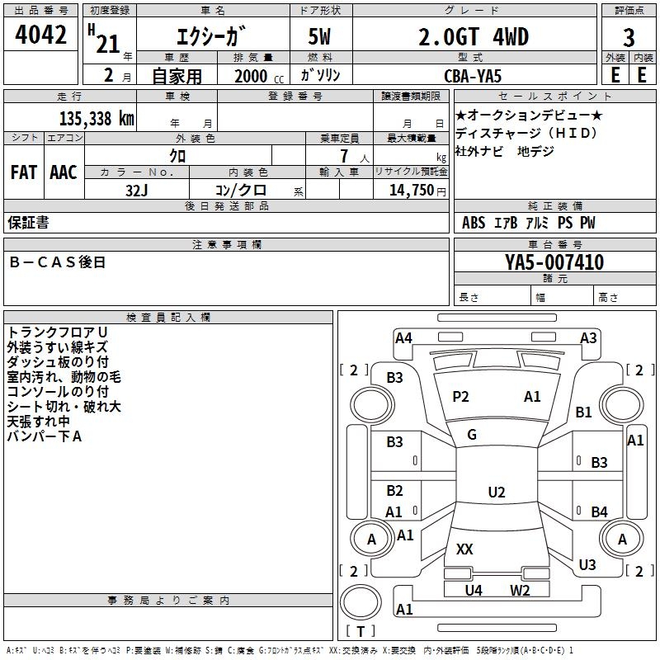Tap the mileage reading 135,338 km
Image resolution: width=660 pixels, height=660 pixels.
[x=96, y=119]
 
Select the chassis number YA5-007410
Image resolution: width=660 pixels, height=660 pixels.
[x=554, y=263]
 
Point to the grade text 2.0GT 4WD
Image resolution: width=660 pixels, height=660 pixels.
[x=474, y=37]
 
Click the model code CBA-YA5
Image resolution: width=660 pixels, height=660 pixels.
[x=473, y=76]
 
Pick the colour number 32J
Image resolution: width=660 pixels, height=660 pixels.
[x=137, y=190]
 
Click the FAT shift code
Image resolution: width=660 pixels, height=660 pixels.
[x=23, y=172]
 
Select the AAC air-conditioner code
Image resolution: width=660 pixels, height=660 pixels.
[x=64, y=172]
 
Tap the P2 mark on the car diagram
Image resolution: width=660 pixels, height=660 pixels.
[x=460, y=397]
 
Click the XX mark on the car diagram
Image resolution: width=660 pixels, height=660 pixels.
[x=464, y=549]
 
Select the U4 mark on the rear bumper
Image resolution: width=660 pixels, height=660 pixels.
[x=473, y=590]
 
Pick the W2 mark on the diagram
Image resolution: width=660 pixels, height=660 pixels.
[x=520, y=590]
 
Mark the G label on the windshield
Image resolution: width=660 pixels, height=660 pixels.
[x=472, y=435]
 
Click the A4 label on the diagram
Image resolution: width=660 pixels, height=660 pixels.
[x=403, y=337]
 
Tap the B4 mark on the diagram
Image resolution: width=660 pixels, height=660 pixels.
[x=599, y=511]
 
